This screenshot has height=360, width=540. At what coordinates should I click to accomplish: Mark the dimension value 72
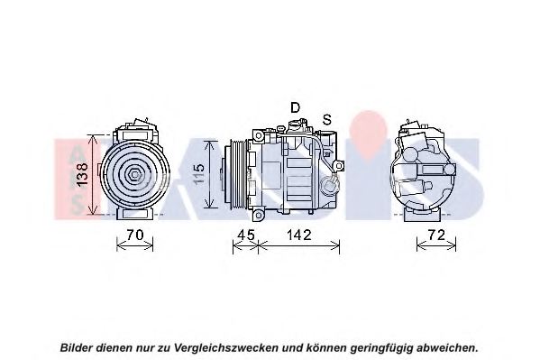(435, 235)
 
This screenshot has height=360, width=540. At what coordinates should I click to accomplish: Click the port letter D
(295, 107)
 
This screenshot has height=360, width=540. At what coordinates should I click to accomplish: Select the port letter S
(327, 119)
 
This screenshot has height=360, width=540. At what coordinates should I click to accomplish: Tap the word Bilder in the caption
(78, 346)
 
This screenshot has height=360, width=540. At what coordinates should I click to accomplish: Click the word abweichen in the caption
(444, 346)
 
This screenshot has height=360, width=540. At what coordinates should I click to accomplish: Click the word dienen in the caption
(119, 346)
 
